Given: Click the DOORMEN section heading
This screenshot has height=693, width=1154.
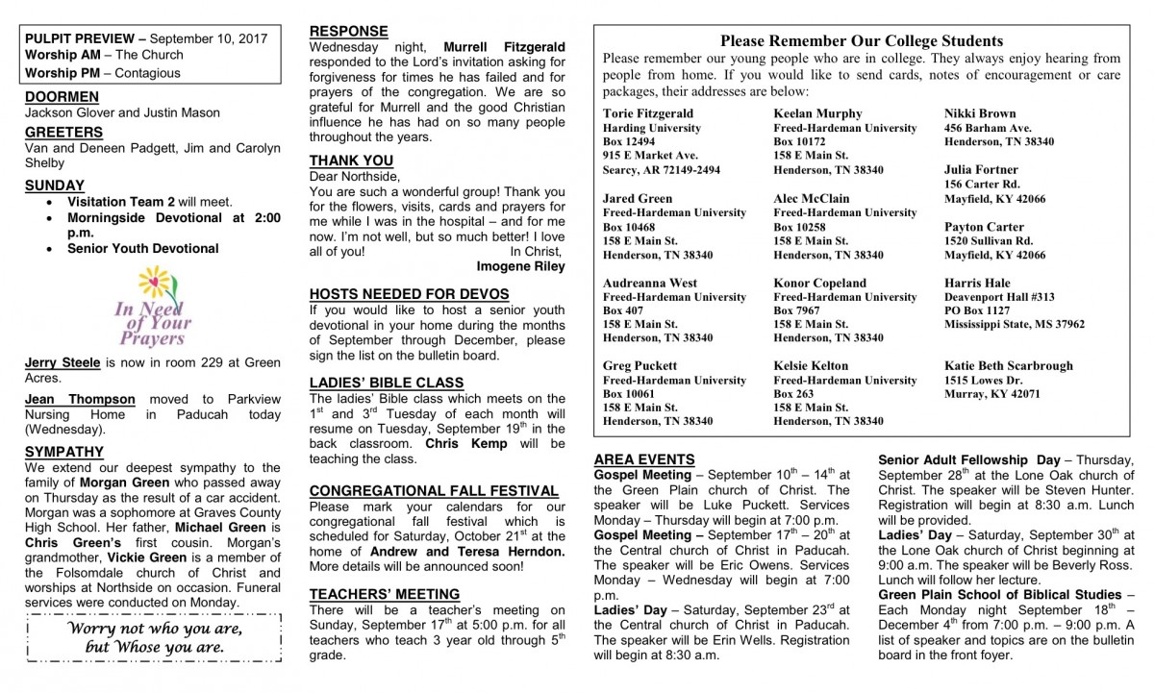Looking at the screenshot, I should point(62,97).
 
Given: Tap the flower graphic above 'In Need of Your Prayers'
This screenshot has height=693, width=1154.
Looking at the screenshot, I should point(153,283).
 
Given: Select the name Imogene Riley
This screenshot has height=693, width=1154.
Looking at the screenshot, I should point(520,266).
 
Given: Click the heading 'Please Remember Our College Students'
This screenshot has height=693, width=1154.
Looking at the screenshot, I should point(861,40).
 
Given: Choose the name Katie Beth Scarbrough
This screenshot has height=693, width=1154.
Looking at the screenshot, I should point(1009,365).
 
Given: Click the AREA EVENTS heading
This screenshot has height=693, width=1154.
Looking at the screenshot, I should point(644,459).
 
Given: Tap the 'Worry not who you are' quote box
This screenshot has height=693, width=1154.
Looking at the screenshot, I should point(154,637).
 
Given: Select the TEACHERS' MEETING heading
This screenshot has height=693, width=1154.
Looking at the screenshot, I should point(385,594).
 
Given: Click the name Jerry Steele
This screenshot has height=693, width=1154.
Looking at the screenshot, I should point(63,362).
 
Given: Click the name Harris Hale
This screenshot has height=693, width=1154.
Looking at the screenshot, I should point(977,283).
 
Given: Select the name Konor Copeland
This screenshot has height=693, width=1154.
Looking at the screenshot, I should point(819,283).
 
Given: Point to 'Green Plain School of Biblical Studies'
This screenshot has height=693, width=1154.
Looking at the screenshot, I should point(1000,595).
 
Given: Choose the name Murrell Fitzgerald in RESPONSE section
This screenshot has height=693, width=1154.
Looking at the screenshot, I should point(504,46).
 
